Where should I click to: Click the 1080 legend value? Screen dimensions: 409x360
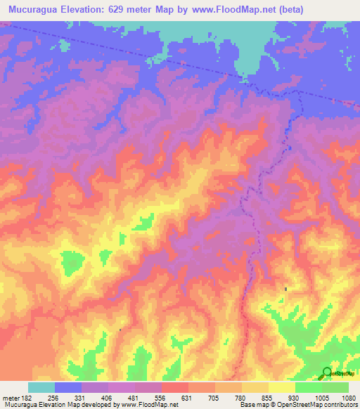click(x=346, y=398)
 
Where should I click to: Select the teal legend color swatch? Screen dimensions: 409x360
click(x=41, y=387)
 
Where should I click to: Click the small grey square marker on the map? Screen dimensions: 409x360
click(x=285, y=289)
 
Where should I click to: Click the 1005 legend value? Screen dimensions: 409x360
click(x=321, y=398)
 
